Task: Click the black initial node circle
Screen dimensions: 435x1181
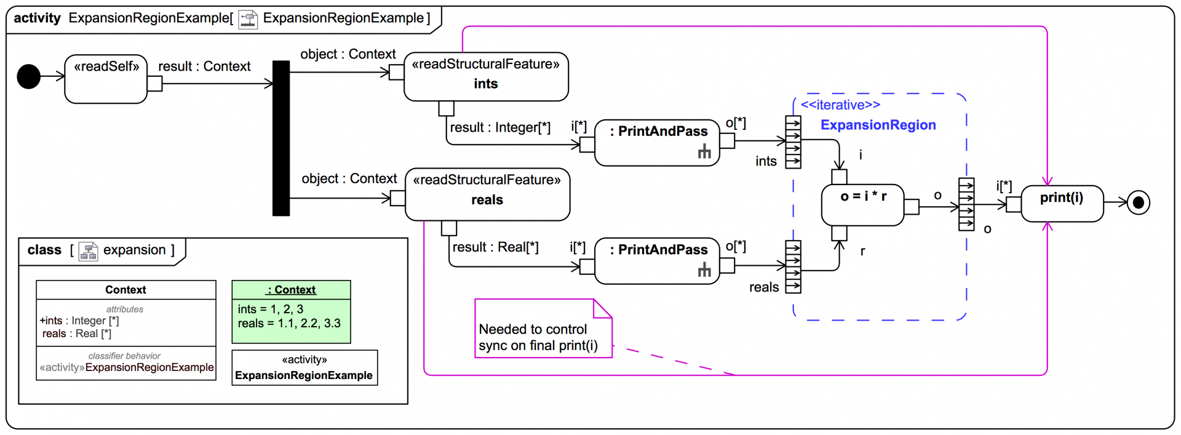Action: [x=28, y=77]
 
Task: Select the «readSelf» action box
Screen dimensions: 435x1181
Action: [x=106, y=79]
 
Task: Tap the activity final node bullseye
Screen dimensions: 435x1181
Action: [x=1138, y=202]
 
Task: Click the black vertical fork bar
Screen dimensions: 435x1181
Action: [x=281, y=138]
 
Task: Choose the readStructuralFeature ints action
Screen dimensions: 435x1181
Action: [x=485, y=76]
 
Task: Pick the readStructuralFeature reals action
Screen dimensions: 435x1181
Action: [x=487, y=194]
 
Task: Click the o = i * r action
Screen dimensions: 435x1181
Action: [x=862, y=204]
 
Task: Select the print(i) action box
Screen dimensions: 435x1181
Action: [x=1062, y=203]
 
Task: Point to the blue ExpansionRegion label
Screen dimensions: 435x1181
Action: [x=878, y=125]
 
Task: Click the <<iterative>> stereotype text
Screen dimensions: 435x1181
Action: [x=840, y=105]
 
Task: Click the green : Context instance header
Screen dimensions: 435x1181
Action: [x=291, y=290]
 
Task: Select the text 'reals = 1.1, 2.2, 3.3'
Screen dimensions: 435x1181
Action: [x=289, y=324]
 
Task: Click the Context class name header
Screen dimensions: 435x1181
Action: [x=125, y=290]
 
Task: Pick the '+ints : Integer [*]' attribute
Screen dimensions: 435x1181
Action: [x=79, y=321]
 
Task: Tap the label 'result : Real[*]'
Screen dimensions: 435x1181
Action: [x=495, y=247]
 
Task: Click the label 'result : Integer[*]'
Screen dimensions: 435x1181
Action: [x=500, y=128]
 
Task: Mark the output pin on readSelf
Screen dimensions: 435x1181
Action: [x=154, y=84]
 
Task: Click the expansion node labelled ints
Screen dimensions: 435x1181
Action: [x=793, y=142]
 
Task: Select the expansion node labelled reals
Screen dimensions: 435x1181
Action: [x=793, y=267]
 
